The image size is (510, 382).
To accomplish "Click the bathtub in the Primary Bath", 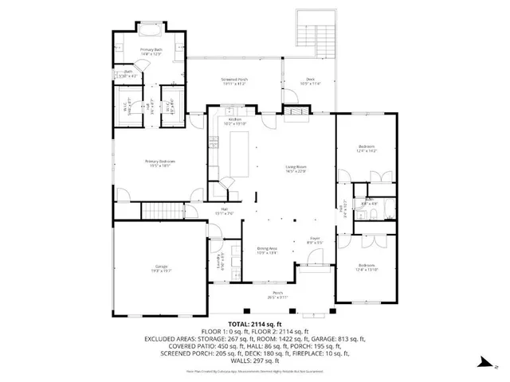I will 150,32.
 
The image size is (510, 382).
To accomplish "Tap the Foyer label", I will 314,240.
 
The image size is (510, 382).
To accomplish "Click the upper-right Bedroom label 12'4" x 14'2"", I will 367,149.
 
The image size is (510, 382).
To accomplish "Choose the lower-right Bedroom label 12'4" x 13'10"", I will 367,267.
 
